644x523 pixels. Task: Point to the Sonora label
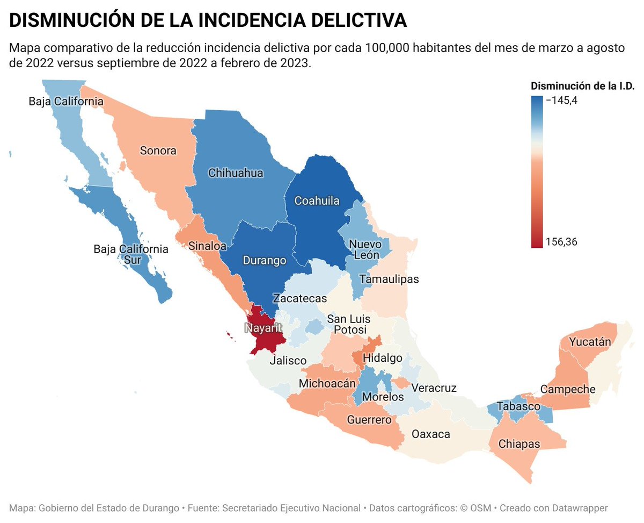coord(158,151)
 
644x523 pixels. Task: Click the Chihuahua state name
coord(236,173)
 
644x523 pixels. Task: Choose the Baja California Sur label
coord(131,255)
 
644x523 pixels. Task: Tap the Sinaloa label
coord(207,246)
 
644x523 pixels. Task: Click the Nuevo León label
coord(365,249)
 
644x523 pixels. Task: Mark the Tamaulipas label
coord(389,279)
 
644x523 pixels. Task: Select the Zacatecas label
coord(299,299)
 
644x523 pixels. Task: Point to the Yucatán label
coord(590,341)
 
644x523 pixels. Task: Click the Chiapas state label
coord(519,443)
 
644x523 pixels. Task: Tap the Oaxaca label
coord(430,434)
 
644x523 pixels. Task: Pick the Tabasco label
coord(518,406)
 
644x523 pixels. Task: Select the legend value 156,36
coord(562,242)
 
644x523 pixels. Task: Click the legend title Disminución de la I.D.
coord(583,86)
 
